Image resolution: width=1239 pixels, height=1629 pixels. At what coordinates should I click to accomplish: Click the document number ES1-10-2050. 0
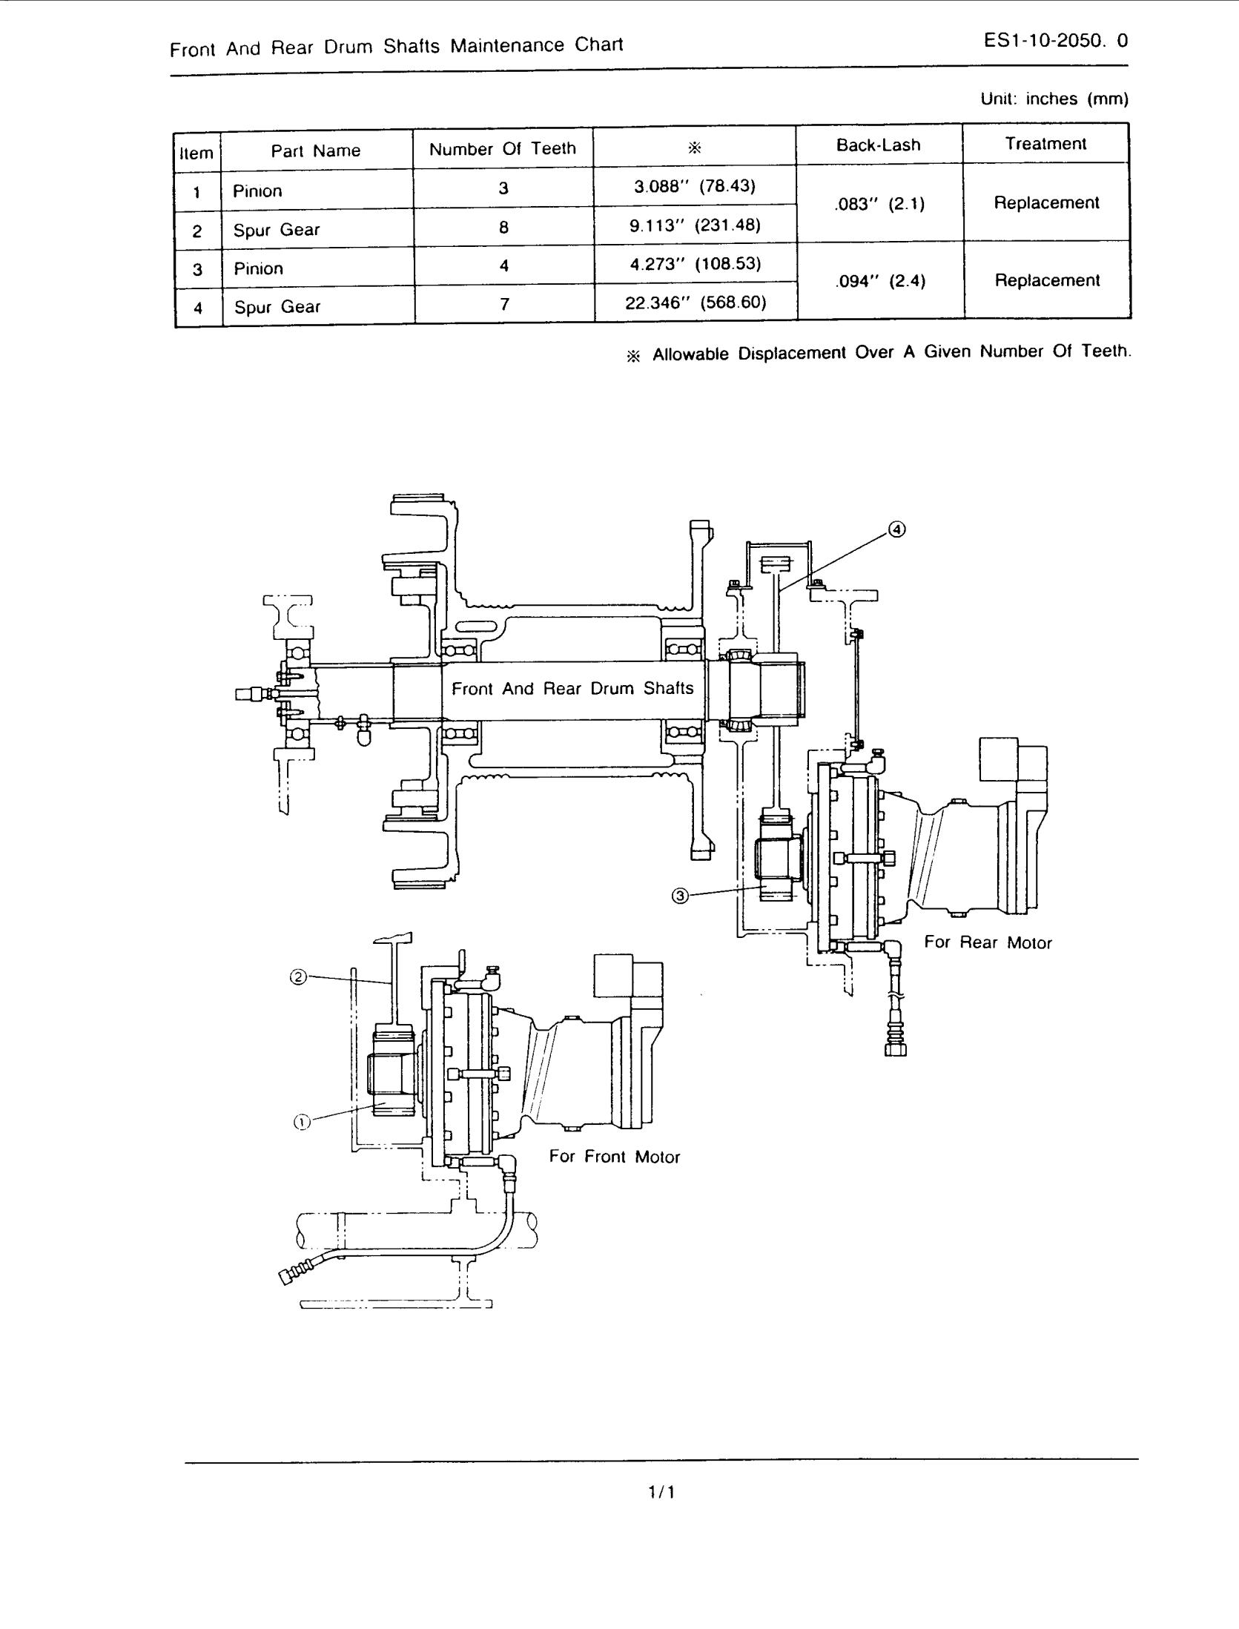[x=1056, y=41]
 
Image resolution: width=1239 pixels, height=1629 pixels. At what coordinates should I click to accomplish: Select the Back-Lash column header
[x=878, y=145]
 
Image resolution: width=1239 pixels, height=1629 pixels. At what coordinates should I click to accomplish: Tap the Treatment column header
[x=1045, y=144]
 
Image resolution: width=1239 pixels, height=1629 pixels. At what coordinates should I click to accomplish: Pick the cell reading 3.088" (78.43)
[x=694, y=186]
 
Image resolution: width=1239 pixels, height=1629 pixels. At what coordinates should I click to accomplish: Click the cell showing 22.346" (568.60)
[x=695, y=302]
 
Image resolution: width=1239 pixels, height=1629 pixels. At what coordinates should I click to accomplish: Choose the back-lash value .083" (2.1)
[x=879, y=204]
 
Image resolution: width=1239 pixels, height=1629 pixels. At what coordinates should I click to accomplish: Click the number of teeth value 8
[x=503, y=227]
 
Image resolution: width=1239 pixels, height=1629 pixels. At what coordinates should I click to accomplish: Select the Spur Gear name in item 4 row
[x=277, y=307]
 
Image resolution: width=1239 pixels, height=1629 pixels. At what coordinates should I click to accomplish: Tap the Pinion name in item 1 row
[x=257, y=191]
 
